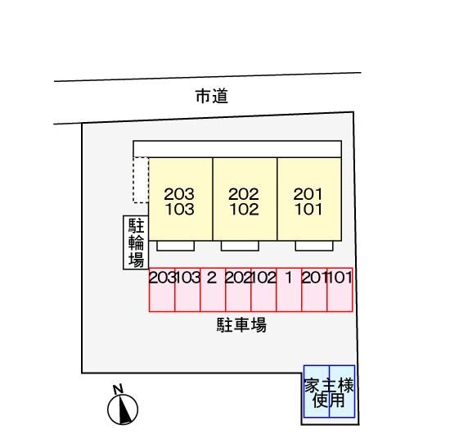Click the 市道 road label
(x=212, y=96)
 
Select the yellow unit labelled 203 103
(x=181, y=199)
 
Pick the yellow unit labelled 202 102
(x=245, y=199)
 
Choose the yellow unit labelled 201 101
(x=309, y=199)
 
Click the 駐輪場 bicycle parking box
(x=136, y=242)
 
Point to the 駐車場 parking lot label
(x=241, y=325)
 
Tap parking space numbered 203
(x=162, y=290)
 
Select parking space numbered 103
(x=187, y=290)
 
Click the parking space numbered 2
(x=213, y=290)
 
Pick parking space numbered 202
(x=238, y=290)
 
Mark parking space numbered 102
(x=263, y=290)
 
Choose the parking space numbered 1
(x=289, y=290)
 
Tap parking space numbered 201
(x=314, y=290)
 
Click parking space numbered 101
(x=340, y=290)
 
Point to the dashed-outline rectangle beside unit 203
(x=141, y=180)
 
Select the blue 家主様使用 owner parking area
(x=330, y=391)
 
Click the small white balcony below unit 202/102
(x=240, y=246)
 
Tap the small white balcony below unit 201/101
(x=314, y=246)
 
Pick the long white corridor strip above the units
(x=237, y=149)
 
